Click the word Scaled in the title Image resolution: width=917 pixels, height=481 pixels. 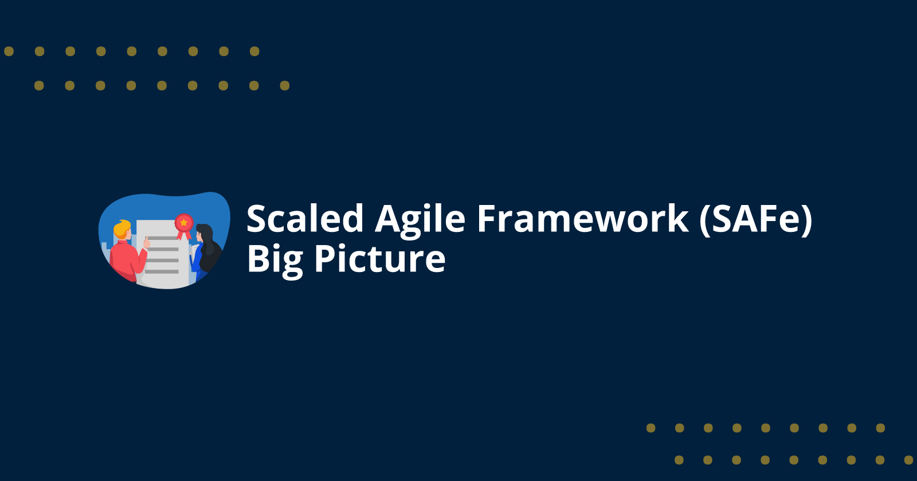[x=305, y=219]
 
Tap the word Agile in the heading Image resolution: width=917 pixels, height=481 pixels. [x=420, y=220]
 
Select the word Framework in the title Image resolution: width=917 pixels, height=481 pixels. [x=582, y=219]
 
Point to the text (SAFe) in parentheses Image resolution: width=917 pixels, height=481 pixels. [x=755, y=220]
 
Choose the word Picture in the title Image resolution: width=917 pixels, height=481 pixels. [x=379, y=259]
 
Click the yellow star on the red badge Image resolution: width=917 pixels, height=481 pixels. [x=183, y=222]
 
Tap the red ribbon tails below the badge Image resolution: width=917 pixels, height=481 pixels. [x=184, y=235]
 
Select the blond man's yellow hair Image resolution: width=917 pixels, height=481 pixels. [x=121, y=228]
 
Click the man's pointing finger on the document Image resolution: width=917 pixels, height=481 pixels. [x=147, y=242]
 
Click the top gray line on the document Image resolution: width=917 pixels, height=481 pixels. [x=163, y=238]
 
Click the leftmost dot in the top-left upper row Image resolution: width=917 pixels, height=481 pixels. [x=9, y=52]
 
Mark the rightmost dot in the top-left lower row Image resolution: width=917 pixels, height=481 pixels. [x=285, y=86]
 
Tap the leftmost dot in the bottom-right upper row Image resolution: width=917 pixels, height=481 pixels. [x=650, y=428]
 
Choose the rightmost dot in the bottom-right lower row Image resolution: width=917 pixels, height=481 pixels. [x=908, y=460]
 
